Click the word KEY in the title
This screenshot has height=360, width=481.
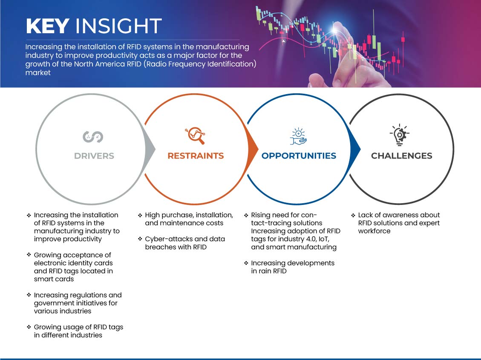point(48,26)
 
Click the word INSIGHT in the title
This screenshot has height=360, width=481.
point(118,26)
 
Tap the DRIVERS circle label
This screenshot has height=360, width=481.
point(94,156)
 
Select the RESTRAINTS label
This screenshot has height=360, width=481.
point(196,156)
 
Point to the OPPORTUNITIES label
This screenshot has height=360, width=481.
point(299,156)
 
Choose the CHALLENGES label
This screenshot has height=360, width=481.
point(402,156)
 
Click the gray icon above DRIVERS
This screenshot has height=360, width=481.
point(93,137)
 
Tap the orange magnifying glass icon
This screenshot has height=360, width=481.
point(195,135)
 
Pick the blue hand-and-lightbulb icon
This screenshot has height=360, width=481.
point(299,136)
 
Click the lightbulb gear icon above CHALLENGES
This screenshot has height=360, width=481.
point(400,135)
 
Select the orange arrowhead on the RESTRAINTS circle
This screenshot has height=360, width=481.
point(253,150)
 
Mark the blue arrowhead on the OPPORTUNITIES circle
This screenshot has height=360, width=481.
point(355,150)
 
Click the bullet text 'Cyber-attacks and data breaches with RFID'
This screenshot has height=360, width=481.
point(185,243)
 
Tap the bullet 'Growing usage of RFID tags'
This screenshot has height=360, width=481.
point(78,331)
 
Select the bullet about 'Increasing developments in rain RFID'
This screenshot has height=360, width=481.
point(293,267)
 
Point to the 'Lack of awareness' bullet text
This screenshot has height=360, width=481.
point(399,223)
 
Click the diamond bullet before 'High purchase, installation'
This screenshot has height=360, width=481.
point(140,215)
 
